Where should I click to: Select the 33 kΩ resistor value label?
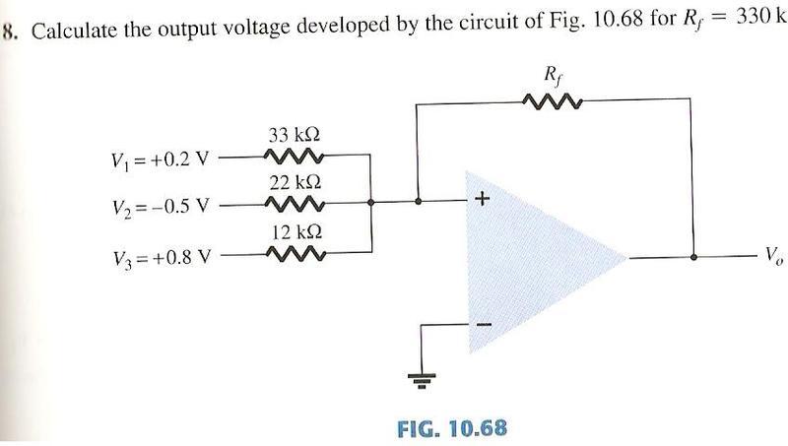pyautogui.click(x=295, y=136)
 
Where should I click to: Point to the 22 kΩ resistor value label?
pyautogui.click(x=295, y=183)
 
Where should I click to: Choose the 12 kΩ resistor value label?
pyautogui.click(x=295, y=233)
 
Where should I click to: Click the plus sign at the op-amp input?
pyautogui.click(x=482, y=200)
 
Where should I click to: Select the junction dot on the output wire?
pyautogui.click(x=695, y=257)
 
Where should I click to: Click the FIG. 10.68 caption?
pyautogui.click(x=453, y=428)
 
